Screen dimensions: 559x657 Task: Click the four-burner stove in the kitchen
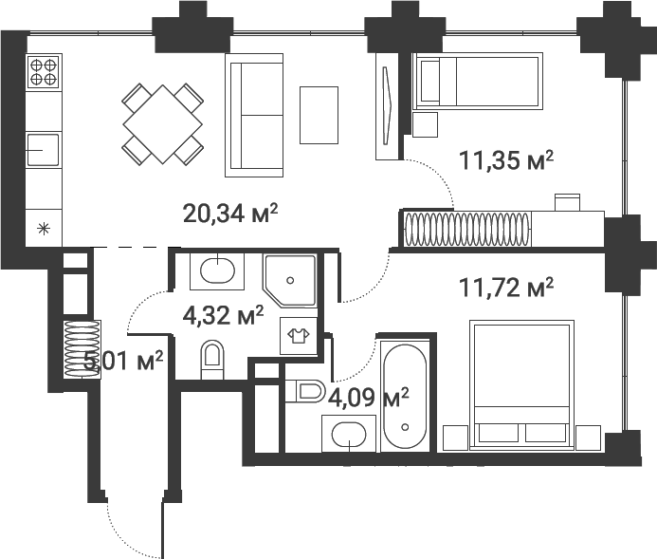point(44,73)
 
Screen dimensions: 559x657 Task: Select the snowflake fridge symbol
point(43,227)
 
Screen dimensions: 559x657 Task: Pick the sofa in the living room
point(254,115)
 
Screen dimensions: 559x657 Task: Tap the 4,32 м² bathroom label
point(222,314)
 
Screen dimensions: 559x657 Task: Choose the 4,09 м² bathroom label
point(368,396)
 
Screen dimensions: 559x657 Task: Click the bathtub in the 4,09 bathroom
point(406,398)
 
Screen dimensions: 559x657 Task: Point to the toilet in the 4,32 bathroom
point(211,360)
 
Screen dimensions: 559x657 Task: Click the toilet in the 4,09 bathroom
point(305,390)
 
